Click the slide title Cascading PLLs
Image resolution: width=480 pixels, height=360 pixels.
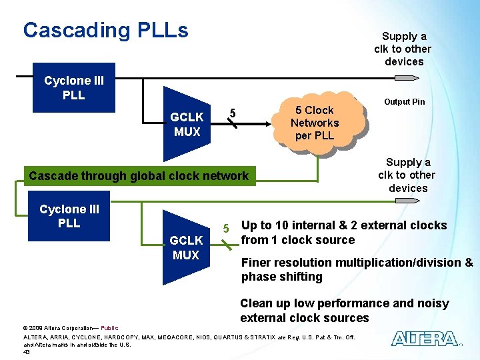[x=105, y=30]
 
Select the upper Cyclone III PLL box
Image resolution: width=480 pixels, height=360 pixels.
[x=74, y=88]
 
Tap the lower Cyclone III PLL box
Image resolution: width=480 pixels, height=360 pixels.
[x=69, y=216]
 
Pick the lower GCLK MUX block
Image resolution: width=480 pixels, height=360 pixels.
[x=186, y=247]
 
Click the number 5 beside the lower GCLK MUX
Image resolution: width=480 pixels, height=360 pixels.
[x=227, y=229]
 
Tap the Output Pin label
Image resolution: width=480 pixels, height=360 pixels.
[x=404, y=102]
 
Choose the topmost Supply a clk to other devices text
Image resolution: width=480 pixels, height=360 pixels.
[x=403, y=49]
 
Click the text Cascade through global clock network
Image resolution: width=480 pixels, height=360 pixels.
[x=138, y=176]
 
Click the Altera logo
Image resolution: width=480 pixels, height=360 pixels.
[x=425, y=339]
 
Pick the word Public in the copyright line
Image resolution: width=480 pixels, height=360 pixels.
[x=109, y=327]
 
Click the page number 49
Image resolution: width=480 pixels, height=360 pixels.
[x=27, y=351]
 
